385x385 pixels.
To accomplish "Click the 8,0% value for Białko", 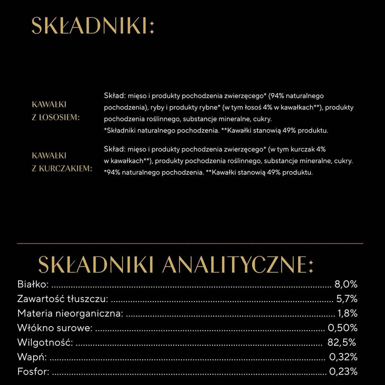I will [346, 284].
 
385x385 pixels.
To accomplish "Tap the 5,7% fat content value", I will [346, 299].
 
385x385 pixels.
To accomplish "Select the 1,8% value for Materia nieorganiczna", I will [347, 313].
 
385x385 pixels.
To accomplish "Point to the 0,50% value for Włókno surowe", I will [342, 328].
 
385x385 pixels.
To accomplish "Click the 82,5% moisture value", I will [342, 342].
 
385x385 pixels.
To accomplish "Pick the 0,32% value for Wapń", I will [343, 357].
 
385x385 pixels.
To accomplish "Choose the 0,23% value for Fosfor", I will [343, 372].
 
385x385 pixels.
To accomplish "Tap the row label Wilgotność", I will [45, 342].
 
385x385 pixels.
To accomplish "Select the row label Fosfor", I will [33, 372].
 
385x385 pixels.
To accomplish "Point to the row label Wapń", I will [32, 357].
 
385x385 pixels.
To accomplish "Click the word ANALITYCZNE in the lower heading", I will [234, 265].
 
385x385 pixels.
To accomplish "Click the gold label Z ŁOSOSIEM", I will [56, 117].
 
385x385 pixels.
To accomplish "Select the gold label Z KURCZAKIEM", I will [62, 168].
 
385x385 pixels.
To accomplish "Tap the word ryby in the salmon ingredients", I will [157, 107].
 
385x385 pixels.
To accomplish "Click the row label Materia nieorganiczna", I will [70, 313].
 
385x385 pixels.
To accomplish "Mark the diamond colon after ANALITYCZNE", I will [310, 265].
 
